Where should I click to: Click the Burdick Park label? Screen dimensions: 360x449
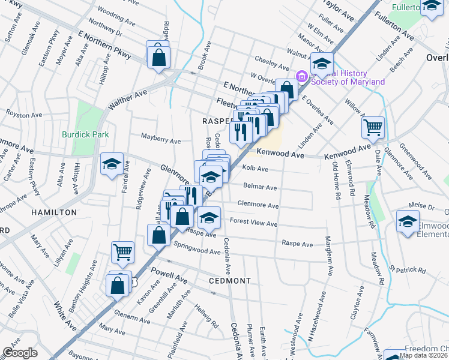(85, 134)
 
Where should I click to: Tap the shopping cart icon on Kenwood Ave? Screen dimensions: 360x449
(373, 127)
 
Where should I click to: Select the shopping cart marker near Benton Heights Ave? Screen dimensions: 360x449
(122, 253)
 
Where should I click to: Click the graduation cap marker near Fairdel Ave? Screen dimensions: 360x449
(112, 164)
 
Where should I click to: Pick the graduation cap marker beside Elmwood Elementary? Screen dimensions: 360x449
(408, 222)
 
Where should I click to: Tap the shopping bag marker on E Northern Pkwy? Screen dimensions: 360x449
(158, 58)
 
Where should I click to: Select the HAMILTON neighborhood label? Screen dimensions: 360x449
(55, 212)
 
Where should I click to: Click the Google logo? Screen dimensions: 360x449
(20, 352)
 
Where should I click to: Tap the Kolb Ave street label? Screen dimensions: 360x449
(255, 169)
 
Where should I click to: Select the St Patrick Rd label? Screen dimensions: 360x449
(408, 269)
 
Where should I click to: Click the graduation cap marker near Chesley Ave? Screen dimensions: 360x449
(322, 64)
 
